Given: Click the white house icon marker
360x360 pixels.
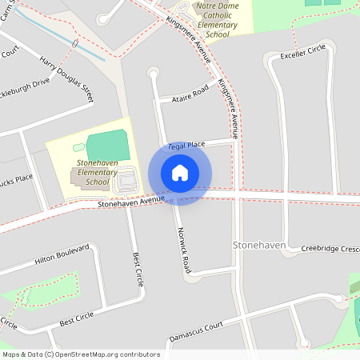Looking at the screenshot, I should (x=180, y=173).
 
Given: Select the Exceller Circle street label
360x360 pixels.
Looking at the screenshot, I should (x=303, y=52).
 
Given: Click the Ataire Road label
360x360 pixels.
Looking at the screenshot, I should (x=190, y=94).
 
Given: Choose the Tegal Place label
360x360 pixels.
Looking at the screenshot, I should (x=186, y=145).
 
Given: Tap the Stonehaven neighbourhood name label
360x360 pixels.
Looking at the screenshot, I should (x=258, y=242).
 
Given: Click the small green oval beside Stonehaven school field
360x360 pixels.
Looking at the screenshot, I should (x=78, y=147).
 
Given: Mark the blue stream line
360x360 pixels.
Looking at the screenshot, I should (x=68, y=42).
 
